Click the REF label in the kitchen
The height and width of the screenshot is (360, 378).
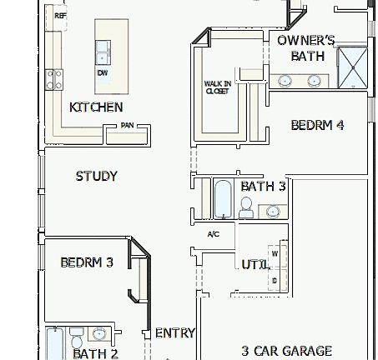click(x=60, y=16)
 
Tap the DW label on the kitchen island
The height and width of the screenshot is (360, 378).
click(x=103, y=73)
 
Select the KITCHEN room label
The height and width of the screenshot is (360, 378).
click(x=96, y=107)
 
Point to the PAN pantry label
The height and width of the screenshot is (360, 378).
click(x=127, y=126)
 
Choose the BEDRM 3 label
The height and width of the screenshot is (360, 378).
click(x=87, y=262)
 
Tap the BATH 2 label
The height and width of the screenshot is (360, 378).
click(x=95, y=353)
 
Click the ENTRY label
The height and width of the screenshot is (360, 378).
click(x=175, y=332)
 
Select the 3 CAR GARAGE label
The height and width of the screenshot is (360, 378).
click(x=286, y=351)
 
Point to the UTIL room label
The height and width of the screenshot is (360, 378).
click(x=255, y=264)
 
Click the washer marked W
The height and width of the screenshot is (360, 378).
click(x=275, y=252)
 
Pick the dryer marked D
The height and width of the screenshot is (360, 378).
click(x=275, y=280)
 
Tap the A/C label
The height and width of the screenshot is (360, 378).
click(x=213, y=234)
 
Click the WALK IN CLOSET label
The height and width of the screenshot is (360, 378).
click(x=217, y=87)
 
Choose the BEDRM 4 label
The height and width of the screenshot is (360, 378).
click(x=318, y=126)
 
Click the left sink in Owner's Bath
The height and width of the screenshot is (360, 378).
click(x=285, y=81)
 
